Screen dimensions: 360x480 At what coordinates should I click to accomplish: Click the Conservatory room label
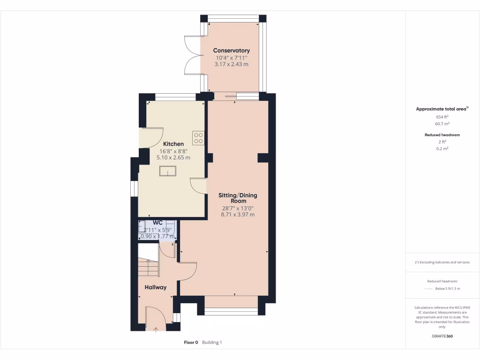pyautogui.click(x=231, y=50)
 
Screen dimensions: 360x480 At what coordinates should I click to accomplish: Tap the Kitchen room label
pyautogui.click(x=173, y=144)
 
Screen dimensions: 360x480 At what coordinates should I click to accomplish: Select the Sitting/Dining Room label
pyautogui.click(x=238, y=198)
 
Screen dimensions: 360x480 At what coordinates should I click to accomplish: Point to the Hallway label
pyautogui.click(x=155, y=287)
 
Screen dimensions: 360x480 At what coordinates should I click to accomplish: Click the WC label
pyautogui.click(x=157, y=223)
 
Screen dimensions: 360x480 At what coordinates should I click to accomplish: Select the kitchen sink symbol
pyautogui.click(x=166, y=172)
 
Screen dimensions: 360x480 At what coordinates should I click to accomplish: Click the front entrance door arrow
pyautogui.click(x=156, y=330)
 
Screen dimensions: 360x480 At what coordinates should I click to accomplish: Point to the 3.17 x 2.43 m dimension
pyautogui.click(x=231, y=64)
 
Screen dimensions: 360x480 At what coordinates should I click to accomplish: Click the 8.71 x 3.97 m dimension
pyautogui.click(x=238, y=215)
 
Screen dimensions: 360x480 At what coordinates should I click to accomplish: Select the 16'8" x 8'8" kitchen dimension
pyautogui.click(x=173, y=151)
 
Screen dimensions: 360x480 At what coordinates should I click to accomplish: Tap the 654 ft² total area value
pyautogui.click(x=442, y=117)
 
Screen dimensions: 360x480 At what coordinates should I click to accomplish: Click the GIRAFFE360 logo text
pyautogui.click(x=442, y=336)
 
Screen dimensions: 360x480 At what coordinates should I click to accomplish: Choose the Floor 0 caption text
pyautogui.click(x=191, y=343)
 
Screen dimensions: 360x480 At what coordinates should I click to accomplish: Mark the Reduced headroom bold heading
pyautogui.click(x=442, y=135)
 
